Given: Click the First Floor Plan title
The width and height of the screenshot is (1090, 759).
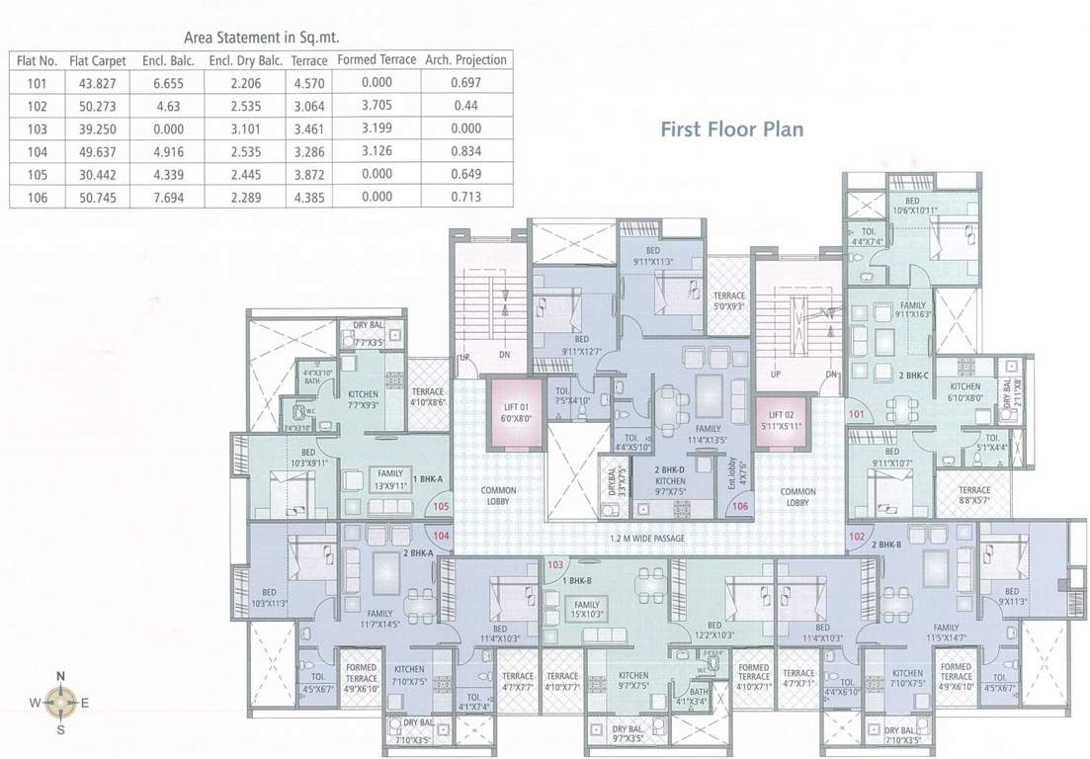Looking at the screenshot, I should [x=731, y=129].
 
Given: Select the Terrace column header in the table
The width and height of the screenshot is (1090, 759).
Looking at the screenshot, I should [x=309, y=60].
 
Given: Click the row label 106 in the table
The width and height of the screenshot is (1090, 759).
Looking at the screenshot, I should [x=36, y=197].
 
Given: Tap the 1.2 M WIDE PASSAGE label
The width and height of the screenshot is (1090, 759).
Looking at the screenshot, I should [x=648, y=539].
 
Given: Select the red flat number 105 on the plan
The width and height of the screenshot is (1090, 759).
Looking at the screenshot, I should [x=442, y=507].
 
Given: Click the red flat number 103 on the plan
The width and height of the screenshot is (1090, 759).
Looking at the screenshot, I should [x=555, y=564].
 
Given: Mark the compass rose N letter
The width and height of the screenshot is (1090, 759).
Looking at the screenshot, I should [x=60, y=676].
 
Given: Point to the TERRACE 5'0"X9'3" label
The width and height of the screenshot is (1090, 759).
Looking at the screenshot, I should [x=729, y=300].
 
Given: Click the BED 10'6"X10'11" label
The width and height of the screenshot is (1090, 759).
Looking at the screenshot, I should [x=913, y=204].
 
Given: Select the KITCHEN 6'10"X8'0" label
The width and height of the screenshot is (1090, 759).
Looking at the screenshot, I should [x=964, y=392].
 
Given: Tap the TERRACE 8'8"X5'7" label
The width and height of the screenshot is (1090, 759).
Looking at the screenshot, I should [x=973, y=495].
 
